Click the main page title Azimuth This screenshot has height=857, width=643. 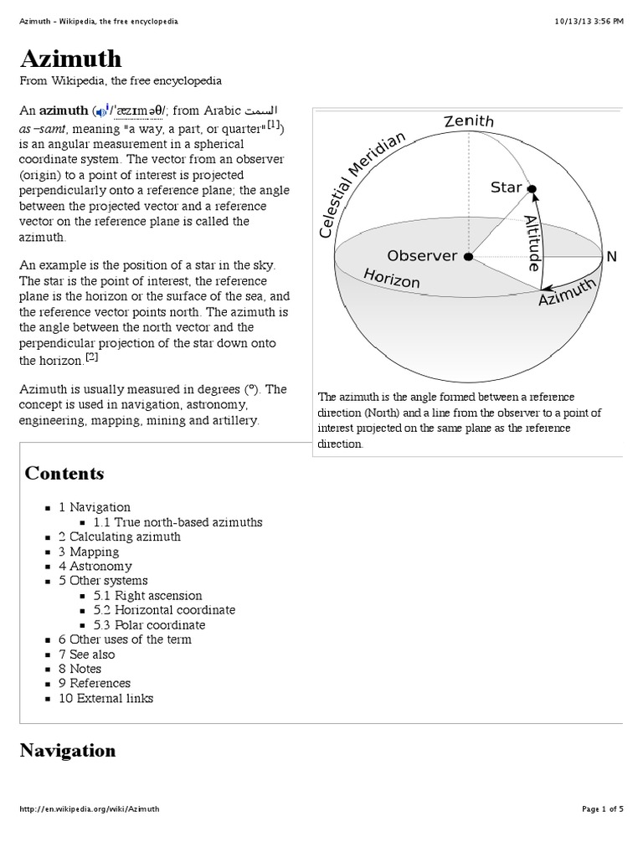click(x=71, y=59)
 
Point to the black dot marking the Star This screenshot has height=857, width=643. click(x=532, y=189)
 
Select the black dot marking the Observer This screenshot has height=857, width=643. click(x=468, y=256)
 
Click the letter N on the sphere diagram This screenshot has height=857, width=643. click(x=611, y=257)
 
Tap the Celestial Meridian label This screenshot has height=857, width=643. click(x=361, y=184)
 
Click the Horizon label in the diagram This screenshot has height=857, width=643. click(x=391, y=278)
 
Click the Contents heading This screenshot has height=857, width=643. click(x=64, y=474)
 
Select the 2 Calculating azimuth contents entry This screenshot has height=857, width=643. click(x=119, y=536)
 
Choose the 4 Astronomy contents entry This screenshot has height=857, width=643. click(x=95, y=566)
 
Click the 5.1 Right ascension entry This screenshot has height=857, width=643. click(x=147, y=596)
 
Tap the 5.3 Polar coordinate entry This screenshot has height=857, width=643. click(x=149, y=625)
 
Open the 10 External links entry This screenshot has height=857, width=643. click(x=105, y=698)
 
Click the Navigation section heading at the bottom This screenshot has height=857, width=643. click(x=68, y=751)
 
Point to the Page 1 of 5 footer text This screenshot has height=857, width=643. click(x=602, y=809)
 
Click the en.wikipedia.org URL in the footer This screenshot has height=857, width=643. click(x=89, y=809)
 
